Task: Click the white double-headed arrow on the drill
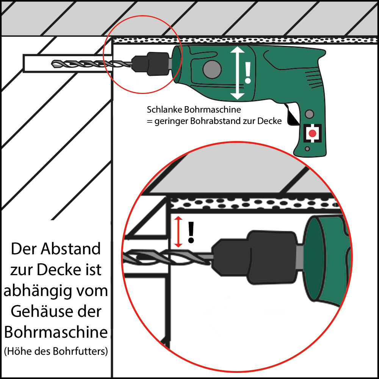point(238,73)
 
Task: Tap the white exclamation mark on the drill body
point(248,73)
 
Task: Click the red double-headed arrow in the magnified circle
point(179,232)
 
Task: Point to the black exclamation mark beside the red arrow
point(191,232)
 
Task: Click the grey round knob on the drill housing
point(212,69)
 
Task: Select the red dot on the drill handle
point(313,133)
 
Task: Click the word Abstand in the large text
point(70,249)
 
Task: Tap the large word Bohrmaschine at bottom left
point(56,332)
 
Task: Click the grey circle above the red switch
point(309,114)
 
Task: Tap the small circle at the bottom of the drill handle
point(307,149)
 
